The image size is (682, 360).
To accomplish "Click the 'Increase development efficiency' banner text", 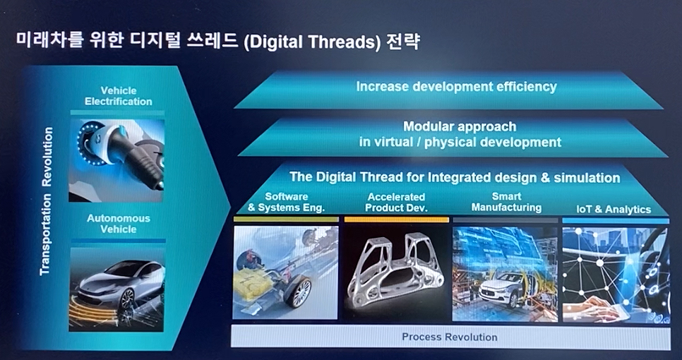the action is pyautogui.click(x=456, y=87).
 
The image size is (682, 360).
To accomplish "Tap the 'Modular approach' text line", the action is pyautogui.click(x=460, y=126).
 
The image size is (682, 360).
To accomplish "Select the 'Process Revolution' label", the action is pyautogui.click(x=449, y=337).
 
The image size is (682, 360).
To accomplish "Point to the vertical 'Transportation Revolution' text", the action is pyautogui.click(x=47, y=201).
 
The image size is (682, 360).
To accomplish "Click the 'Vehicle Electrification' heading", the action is pyautogui.click(x=119, y=96).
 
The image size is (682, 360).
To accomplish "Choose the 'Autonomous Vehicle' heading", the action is pyautogui.click(x=119, y=224).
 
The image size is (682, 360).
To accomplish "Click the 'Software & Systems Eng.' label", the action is pyautogui.click(x=286, y=202).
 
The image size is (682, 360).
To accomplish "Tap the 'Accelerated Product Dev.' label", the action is pyautogui.click(x=396, y=203).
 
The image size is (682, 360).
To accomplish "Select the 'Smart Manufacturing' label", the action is pyautogui.click(x=506, y=202).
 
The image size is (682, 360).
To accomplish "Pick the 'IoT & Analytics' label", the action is pyautogui.click(x=614, y=210).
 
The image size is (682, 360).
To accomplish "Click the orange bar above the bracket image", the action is pyautogui.click(x=396, y=220).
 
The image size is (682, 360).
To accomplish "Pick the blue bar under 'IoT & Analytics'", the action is pyautogui.click(x=616, y=221).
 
